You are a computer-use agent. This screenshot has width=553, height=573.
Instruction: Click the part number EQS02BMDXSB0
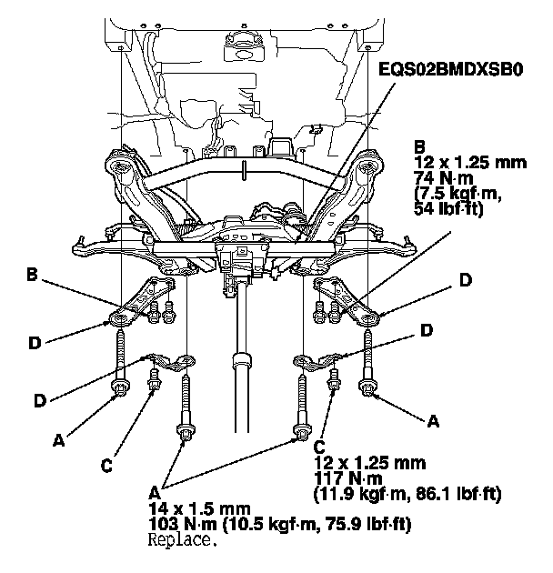coord(450,69)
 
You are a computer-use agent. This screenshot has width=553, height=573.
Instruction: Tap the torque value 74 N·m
coord(444,178)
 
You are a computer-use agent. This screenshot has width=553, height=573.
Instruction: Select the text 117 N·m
coord(348,478)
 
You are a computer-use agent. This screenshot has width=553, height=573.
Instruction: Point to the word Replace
coord(183,539)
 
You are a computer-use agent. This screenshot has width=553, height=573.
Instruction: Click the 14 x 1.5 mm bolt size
coord(199,508)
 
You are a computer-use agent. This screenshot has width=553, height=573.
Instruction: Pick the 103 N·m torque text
coord(183,525)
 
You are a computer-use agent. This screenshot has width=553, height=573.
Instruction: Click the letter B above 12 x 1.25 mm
coord(420,147)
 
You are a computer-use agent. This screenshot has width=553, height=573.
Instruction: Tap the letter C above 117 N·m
coord(319,447)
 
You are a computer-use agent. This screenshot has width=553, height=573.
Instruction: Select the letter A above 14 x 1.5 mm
coord(155,493)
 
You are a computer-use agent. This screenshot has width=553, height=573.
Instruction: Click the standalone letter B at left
coord(32,275)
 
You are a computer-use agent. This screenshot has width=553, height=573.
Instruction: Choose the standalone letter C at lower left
coord(106,466)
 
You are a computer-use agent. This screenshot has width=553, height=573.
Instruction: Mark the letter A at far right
coord(433,421)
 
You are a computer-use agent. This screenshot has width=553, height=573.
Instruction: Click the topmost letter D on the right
coord(466,280)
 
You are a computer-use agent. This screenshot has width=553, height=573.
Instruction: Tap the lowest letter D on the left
coord(40,401)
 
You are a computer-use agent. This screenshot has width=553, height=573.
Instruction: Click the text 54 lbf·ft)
coord(448,209)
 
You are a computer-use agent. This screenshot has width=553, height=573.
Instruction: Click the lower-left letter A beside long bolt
coord(58,440)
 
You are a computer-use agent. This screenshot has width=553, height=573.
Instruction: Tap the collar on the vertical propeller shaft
coord(242,361)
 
